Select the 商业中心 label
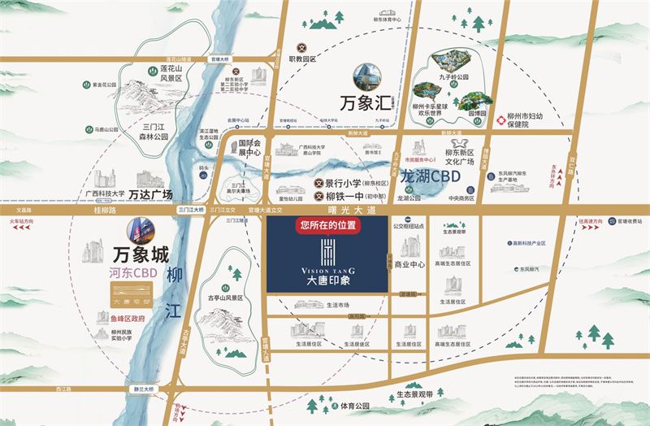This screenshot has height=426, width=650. pyautogui.click(x=409, y=264)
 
